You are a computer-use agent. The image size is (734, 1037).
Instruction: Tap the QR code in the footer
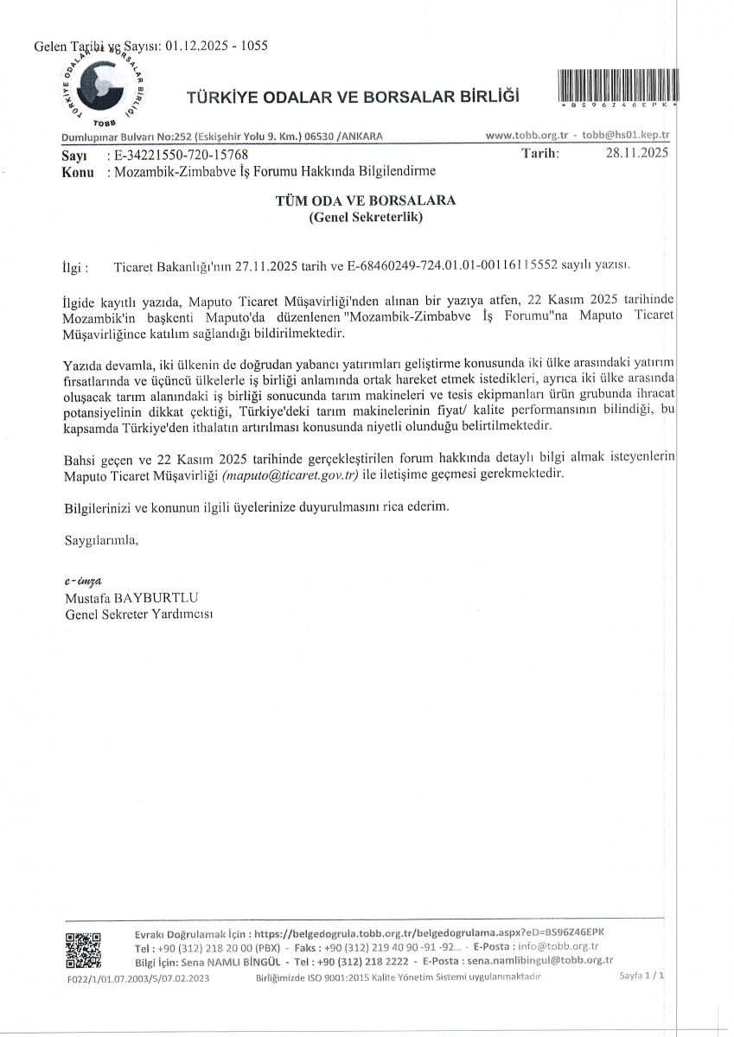pos(84,952)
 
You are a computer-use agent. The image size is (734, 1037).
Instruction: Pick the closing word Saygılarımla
pos(101,540)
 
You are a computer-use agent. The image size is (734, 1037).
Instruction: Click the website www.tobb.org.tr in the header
pos(527,137)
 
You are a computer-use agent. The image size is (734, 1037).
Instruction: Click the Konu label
pos(78,171)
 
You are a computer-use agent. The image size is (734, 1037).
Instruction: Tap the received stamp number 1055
pos(250,46)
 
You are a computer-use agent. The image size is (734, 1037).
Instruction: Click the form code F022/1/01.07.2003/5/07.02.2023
pos(137,978)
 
